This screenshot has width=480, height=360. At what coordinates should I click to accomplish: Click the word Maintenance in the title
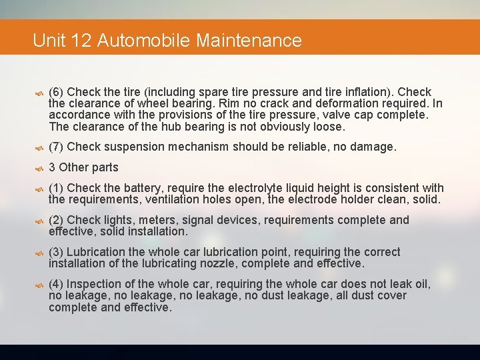click(x=249, y=41)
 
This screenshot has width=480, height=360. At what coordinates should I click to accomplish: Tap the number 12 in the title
click(x=81, y=41)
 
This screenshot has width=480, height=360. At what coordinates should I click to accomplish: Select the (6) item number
click(x=57, y=91)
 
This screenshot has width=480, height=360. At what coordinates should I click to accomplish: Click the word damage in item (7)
click(x=375, y=147)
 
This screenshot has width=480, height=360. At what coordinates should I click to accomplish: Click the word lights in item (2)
click(x=120, y=220)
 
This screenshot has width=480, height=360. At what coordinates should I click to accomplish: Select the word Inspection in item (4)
click(x=95, y=284)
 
